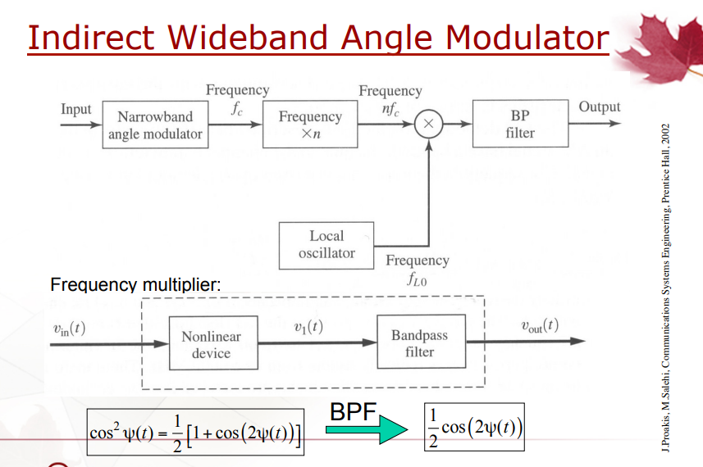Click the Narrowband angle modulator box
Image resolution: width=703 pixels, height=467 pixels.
pos(155,125)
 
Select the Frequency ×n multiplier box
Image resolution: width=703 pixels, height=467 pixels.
pos(310,124)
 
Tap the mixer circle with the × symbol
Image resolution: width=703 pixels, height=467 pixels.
pos(429,124)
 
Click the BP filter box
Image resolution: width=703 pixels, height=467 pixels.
pos(521,124)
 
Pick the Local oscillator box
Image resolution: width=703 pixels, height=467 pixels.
pos(326,245)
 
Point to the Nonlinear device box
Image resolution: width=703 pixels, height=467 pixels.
pos(213,343)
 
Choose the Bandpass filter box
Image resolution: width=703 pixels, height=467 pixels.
pos(422,342)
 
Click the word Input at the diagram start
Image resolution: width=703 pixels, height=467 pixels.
pos(75,109)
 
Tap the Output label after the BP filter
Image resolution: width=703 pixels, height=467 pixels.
pos(600,107)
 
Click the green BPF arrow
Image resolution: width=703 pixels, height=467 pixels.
pos(367,429)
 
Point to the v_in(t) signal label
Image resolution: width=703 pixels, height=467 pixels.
pos(69,329)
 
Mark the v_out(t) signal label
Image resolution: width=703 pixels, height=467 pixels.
pos(540,325)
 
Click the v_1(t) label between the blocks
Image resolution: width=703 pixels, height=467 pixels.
pos(308,327)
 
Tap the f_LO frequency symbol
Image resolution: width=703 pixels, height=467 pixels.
pos(417,279)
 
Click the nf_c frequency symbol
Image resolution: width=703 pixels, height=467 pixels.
pos(390,109)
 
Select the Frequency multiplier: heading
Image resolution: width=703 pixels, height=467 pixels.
pos(135,285)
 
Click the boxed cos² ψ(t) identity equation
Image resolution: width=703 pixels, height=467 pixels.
pos(195,432)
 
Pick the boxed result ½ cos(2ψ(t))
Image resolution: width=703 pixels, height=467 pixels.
pos(474,427)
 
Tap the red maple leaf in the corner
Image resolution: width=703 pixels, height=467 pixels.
pos(661,47)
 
